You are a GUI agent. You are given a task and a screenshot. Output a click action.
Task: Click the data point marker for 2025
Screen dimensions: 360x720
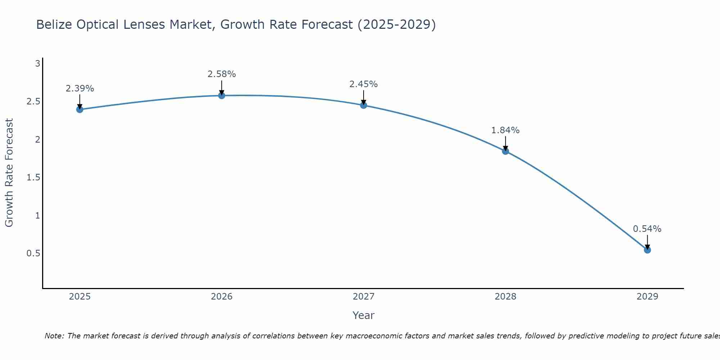80,109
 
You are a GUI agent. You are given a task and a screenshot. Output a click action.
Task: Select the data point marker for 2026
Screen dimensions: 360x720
222,95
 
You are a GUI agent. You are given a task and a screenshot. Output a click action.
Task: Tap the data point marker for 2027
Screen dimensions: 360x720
364,105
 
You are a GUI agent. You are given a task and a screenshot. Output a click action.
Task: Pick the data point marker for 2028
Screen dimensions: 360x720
505,151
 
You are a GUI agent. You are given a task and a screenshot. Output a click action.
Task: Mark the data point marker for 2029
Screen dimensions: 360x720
647,250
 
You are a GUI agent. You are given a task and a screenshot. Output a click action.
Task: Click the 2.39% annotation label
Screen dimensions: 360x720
80,89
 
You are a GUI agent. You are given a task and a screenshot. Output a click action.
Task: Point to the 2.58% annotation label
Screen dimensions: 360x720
222,74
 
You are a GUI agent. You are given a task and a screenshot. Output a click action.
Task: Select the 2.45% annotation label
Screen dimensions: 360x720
364,84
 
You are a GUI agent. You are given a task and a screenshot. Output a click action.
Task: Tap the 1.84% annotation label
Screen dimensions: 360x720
505,130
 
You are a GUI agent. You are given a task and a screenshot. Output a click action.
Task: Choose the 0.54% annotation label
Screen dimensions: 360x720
647,229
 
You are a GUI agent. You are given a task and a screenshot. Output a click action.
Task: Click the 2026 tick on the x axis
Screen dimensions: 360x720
222,297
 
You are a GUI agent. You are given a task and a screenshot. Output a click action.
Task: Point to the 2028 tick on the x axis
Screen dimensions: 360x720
505,297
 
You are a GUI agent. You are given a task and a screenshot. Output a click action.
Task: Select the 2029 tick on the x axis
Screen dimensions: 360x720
647,297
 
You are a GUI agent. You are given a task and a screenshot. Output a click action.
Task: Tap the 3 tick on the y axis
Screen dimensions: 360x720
37,64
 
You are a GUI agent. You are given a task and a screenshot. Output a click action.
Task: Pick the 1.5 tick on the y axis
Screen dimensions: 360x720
33,177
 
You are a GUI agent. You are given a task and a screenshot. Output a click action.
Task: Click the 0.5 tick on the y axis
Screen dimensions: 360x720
33,253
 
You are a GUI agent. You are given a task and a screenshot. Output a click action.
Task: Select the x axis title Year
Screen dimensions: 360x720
364,315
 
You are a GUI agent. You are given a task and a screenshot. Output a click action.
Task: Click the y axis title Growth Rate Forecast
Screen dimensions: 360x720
9,173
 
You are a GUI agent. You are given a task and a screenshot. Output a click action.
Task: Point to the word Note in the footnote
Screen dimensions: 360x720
54,336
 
